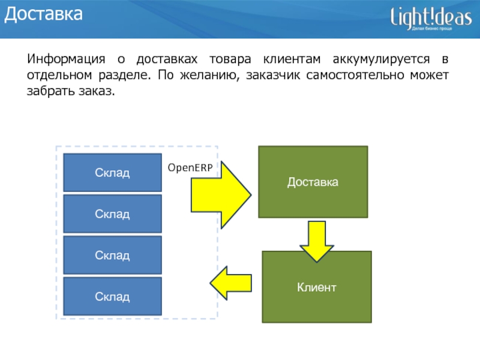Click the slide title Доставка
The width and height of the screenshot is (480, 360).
pos(43,15)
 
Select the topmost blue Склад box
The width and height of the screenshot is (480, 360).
pos(112,173)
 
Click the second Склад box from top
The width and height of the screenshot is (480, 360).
pos(112,214)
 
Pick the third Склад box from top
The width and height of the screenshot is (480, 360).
pos(112,255)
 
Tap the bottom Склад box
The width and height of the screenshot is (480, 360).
pos(112,296)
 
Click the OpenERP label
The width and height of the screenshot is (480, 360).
pos(190,167)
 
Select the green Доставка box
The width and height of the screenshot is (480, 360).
pos(313,181)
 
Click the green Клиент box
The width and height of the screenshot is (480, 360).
pos(317,287)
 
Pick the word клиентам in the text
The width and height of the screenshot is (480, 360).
pos(292,60)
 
